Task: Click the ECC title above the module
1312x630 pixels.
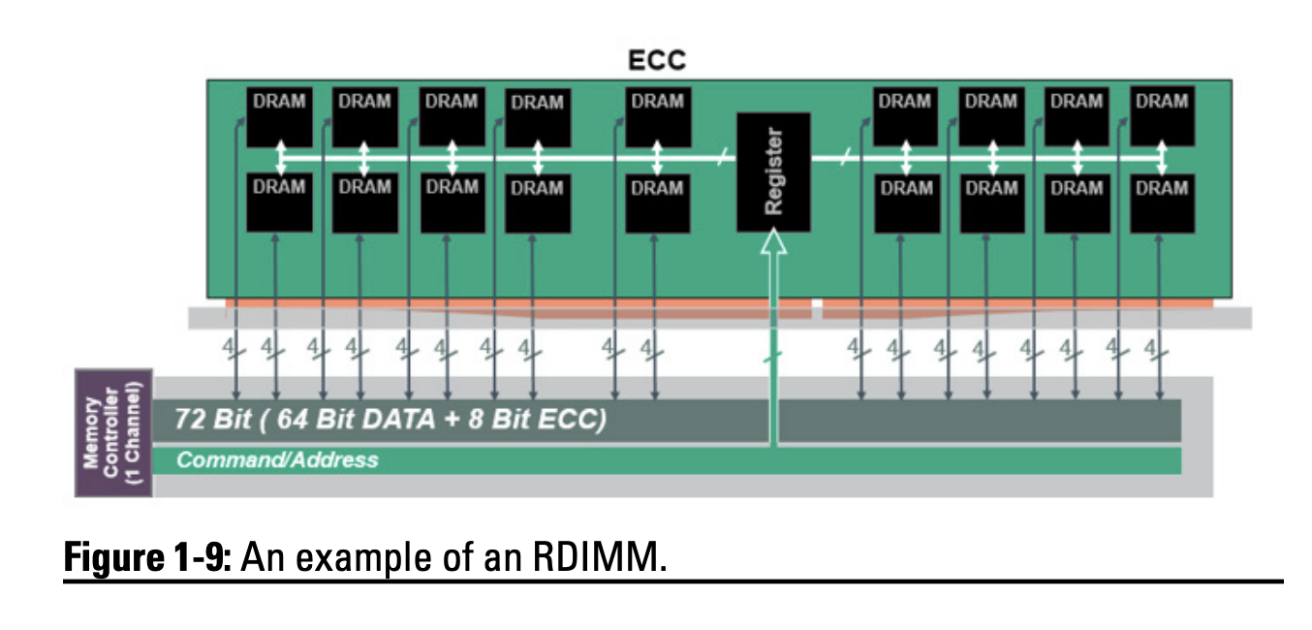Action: pos(656,60)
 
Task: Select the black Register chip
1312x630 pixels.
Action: pos(773,172)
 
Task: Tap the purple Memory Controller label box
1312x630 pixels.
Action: pos(113,431)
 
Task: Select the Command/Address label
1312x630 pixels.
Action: pos(277,459)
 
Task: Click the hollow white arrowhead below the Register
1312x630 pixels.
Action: pos(773,242)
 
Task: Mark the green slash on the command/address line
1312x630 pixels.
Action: pos(773,360)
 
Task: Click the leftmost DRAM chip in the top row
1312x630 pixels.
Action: pos(279,116)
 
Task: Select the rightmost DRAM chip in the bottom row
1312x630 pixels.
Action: pos(1162,202)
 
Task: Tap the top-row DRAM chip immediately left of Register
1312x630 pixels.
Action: pos(658,116)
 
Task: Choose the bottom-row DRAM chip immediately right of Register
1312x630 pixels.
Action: pos(906,202)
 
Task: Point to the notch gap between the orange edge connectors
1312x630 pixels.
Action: pos(816,309)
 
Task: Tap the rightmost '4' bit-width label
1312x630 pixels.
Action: pos(1153,347)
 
